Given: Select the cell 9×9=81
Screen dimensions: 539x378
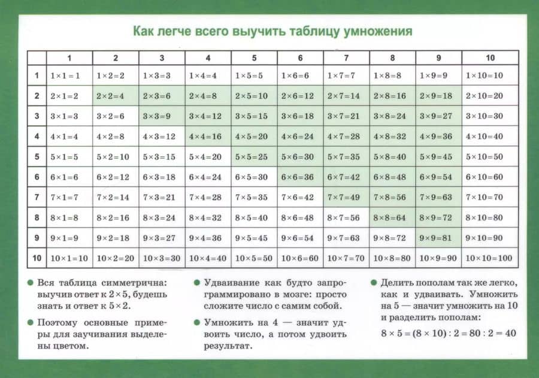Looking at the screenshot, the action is (x=438, y=238).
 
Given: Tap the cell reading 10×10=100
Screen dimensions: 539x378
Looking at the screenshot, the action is (x=489, y=258).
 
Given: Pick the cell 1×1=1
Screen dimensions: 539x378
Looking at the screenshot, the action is (x=69, y=75).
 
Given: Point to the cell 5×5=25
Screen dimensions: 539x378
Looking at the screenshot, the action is (x=254, y=157).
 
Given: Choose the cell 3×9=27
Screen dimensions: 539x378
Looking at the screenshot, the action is (x=438, y=116).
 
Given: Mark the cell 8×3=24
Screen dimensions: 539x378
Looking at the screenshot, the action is (x=162, y=217).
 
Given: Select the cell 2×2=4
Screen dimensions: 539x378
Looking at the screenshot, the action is (x=115, y=96).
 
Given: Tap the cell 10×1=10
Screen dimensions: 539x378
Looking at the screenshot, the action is (x=69, y=258).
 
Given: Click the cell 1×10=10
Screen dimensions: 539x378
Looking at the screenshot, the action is (x=489, y=75).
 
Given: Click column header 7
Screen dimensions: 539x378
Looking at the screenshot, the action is (x=346, y=58).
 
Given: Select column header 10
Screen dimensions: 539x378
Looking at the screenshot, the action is (x=490, y=58).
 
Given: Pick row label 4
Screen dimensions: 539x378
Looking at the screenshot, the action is (x=37, y=137).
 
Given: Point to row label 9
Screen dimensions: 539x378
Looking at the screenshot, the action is (x=37, y=238).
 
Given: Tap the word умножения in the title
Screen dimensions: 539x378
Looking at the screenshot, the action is (x=378, y=31).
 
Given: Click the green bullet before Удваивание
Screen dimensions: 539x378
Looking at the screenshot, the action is (x=198, y=282).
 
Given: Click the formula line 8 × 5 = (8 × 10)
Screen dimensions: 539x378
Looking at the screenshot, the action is (x=448, y=332).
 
